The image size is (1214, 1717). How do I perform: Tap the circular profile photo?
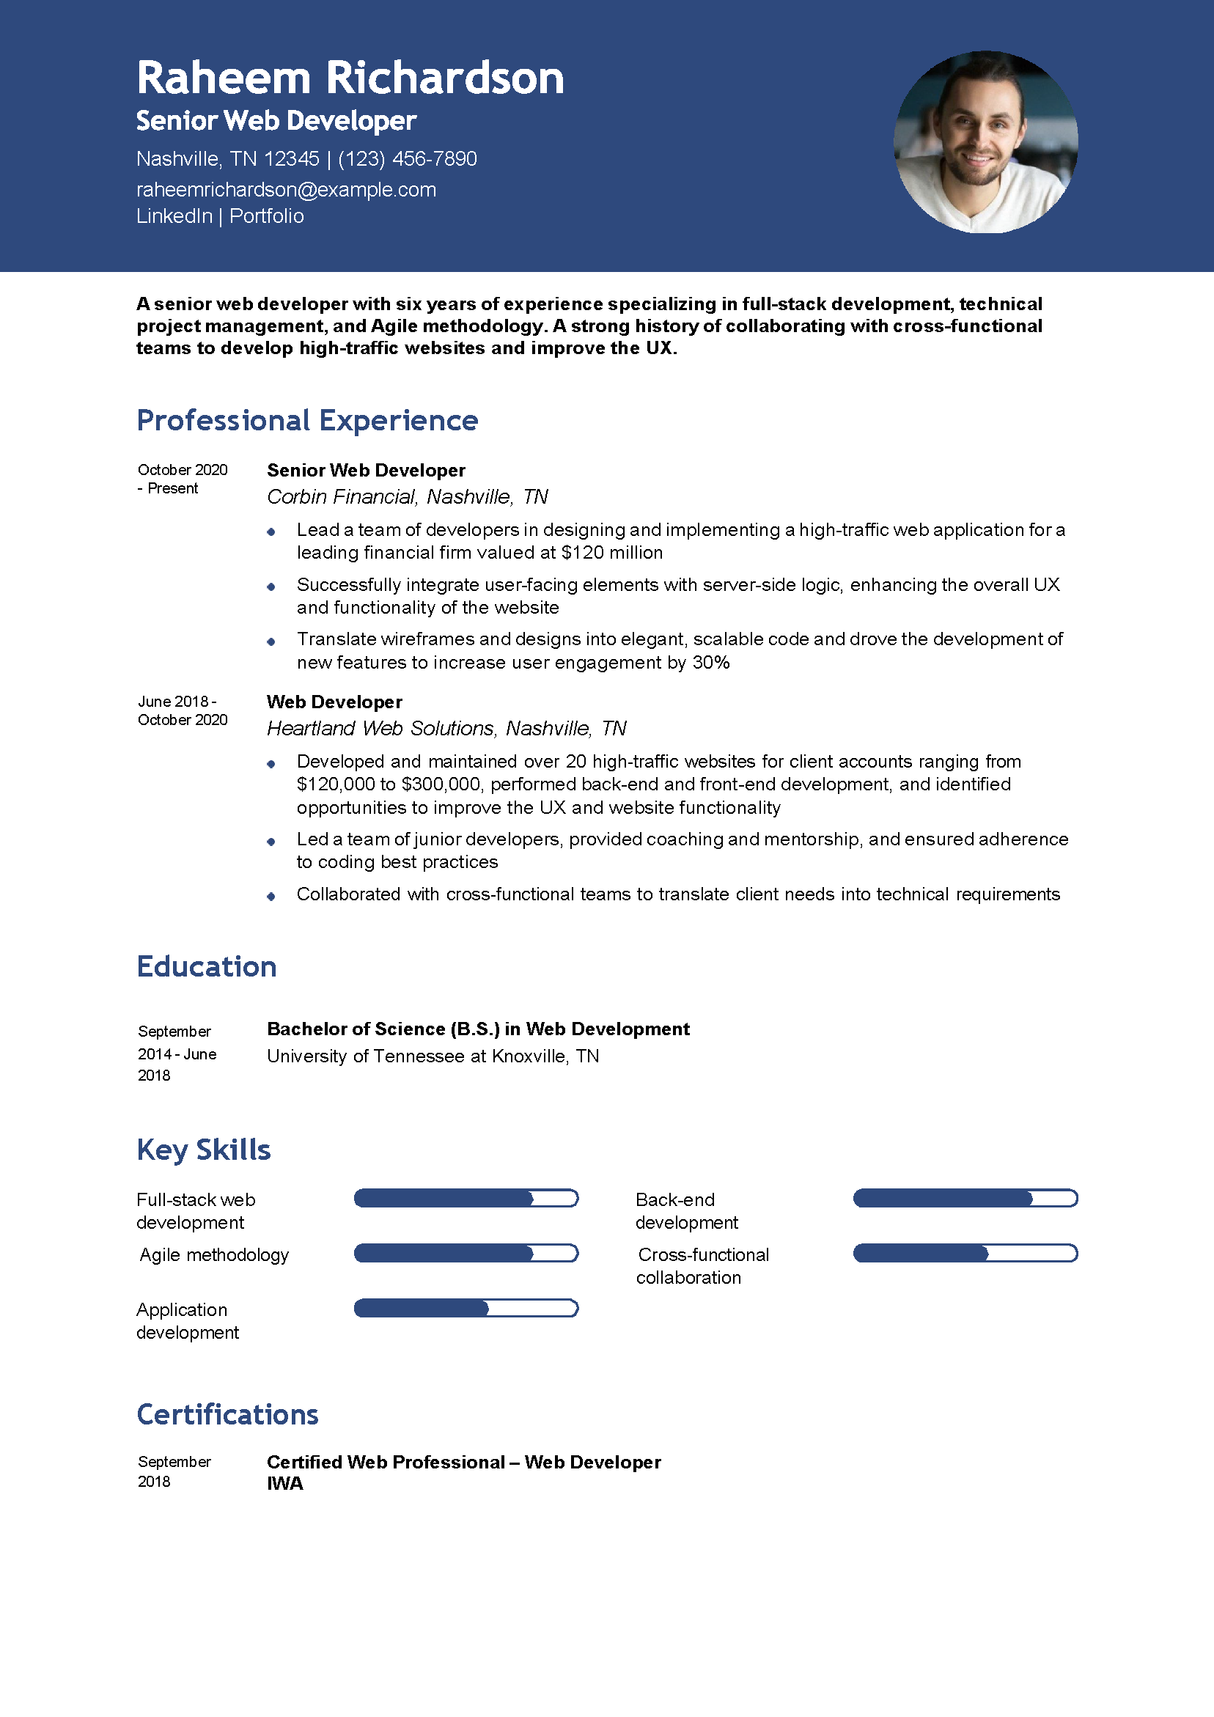985,142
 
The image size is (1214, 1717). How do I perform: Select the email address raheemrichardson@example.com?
286,190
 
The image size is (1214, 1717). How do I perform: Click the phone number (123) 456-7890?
407,158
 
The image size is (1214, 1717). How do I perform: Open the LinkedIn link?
174,216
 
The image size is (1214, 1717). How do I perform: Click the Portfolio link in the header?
266,216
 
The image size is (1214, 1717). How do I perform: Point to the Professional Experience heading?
306,420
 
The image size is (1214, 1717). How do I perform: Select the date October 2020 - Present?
182,479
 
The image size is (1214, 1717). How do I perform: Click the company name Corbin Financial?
341,496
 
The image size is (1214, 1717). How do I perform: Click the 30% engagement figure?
710,663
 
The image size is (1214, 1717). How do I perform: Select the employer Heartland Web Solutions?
380,729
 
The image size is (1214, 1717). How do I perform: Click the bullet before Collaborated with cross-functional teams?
271,896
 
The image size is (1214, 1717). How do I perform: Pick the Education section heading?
207,966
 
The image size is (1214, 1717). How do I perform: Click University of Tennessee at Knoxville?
433,1056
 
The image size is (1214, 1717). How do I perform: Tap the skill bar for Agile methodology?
466,1254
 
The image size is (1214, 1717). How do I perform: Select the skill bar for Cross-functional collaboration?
965,1254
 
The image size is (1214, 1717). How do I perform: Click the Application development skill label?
187,1320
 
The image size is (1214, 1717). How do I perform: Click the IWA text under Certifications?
285,1484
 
